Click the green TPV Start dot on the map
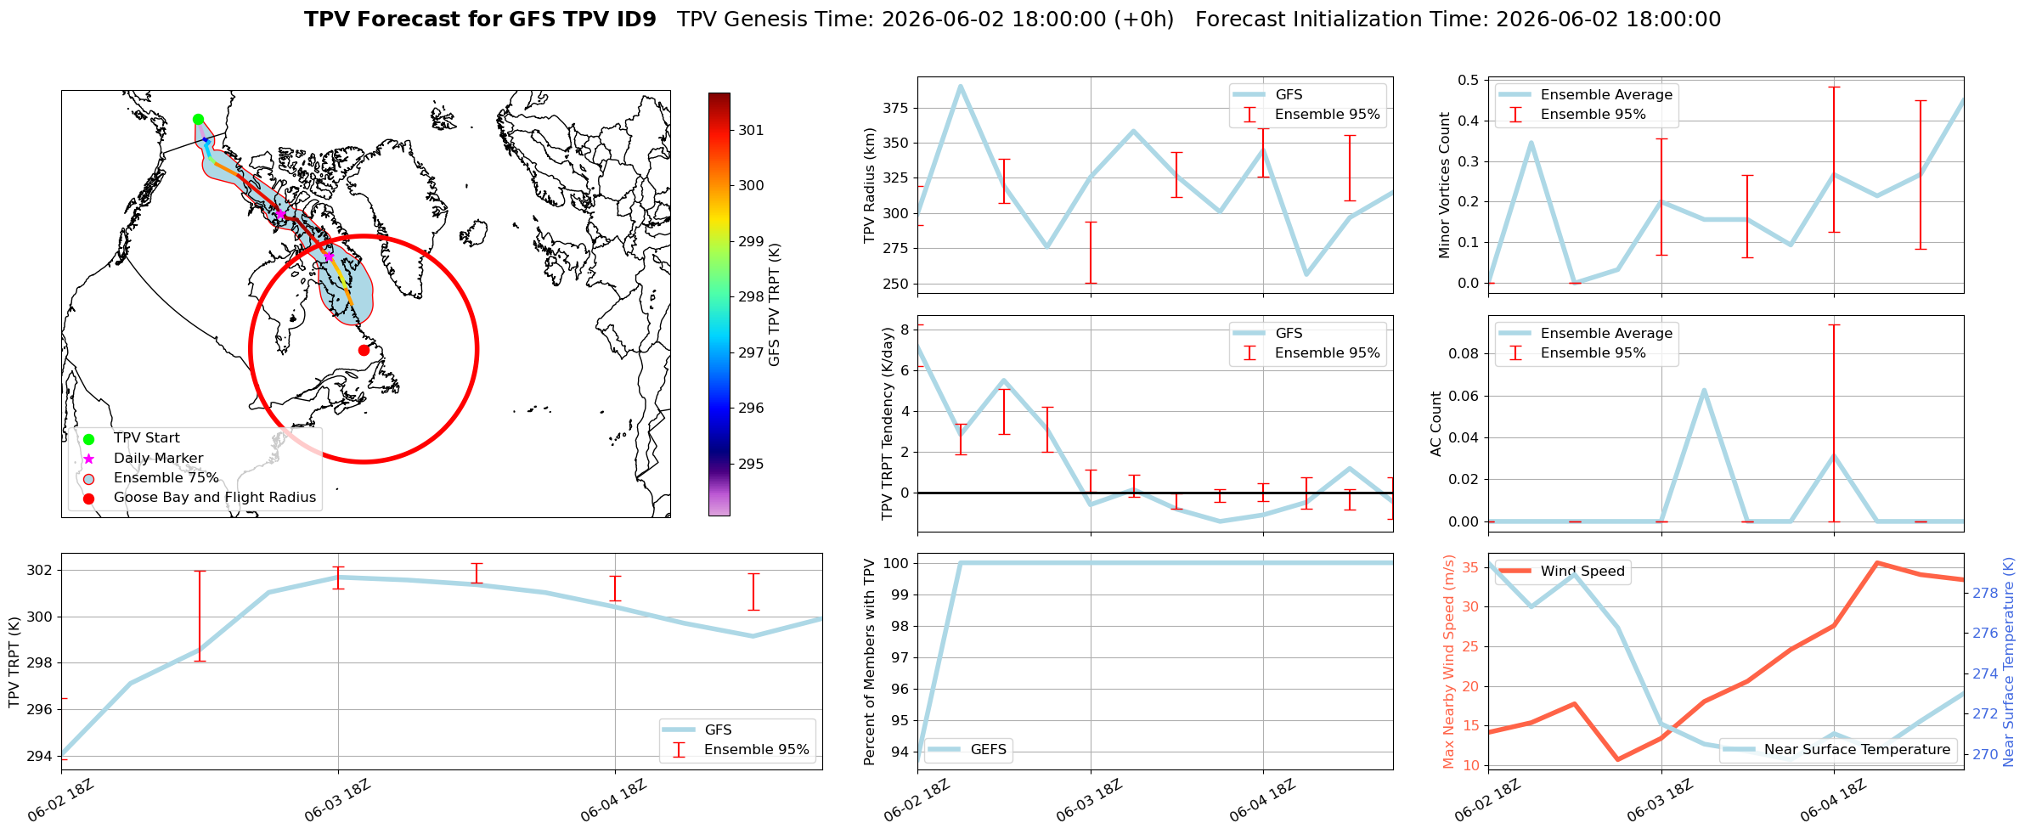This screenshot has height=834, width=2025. [198, 119]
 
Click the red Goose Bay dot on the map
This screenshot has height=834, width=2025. [364, 350]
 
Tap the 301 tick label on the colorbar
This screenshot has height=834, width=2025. [751, 130]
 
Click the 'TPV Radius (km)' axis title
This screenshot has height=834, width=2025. [870, 185]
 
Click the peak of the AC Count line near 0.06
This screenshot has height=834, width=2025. [1704, 391]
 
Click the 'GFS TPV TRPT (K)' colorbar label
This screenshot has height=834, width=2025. [774, 305]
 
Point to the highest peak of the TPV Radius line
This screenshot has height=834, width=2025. [961, 86]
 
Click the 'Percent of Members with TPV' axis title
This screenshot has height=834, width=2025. [870, 662]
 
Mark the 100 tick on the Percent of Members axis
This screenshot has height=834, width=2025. [896, 563]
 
